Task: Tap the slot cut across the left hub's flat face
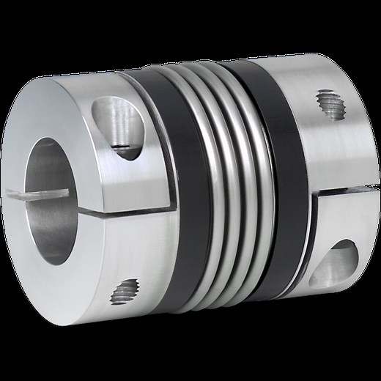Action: pyautogui.click(x=22, y=194)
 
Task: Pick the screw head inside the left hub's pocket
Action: pyautogui.click(x=122, y=149)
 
